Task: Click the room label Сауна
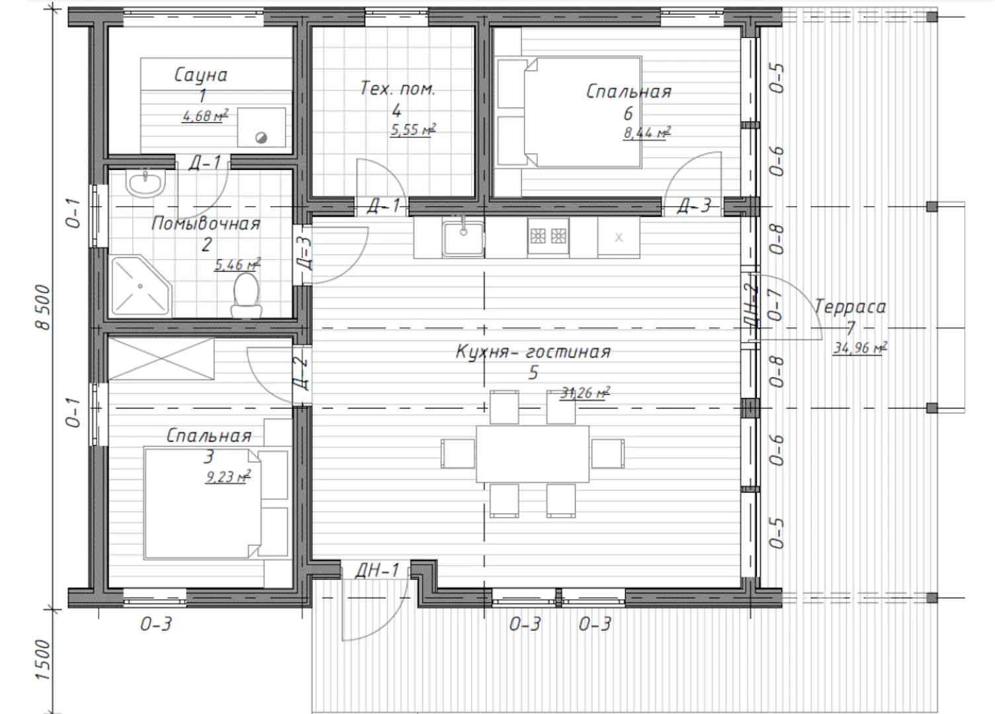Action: [x=200, y=75]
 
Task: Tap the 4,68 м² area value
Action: [x=205, y=116]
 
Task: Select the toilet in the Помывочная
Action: [x=246, y=295]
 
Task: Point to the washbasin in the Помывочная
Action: [x=146, y=183]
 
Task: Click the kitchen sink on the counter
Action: [x=463, y=239]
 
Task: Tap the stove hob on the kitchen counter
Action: [x=548, y=236]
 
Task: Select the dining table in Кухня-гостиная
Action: [x=533, y=454]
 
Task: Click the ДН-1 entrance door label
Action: [x=377, y=571]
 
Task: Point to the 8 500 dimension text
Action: [x=43, y=307]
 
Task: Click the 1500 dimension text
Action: [x=43, y=659]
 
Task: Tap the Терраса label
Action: [x=849, y=307]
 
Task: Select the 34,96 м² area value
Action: [x=860, y=348]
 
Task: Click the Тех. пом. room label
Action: [x=398, y=89]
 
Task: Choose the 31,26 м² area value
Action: [x=585, y=393]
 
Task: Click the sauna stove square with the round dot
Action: [x=261, y=128]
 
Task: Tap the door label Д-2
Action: [x=301, y=374]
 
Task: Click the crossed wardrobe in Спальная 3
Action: [x=161, y=359]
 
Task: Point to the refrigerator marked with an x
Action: [x=619, y=237]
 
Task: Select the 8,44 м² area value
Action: [x=647, y=132]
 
